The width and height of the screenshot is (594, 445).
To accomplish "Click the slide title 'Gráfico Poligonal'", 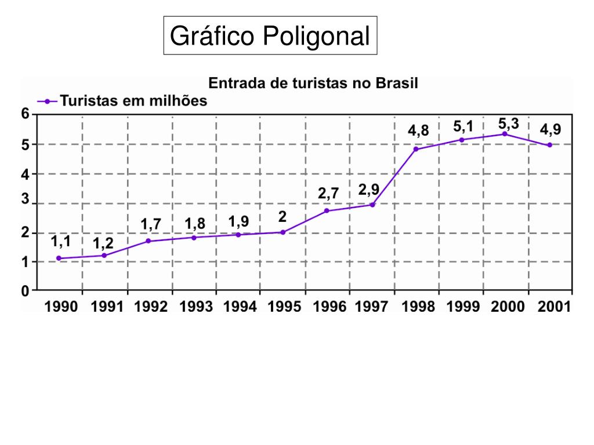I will click(x=270, y=36).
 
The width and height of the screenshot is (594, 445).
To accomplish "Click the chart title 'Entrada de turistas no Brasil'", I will click(x=313, y=82).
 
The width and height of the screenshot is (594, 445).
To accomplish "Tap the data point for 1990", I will click(x=59, y=258).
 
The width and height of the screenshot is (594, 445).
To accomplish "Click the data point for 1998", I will click(x=416, y=149).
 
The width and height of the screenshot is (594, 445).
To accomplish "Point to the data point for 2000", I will click(x=505, y=134).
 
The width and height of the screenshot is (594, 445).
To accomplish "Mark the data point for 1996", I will click(x=327, y=210).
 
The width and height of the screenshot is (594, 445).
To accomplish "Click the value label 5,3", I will click(x=509, y=123).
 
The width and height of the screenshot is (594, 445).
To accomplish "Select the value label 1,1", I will click(x=60, y=242).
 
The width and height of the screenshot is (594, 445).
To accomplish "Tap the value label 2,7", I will click(x=328, y=194).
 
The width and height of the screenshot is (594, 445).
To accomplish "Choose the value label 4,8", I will click(x=418, y=131).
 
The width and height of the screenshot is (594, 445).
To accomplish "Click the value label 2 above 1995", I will click(x=282, y=217).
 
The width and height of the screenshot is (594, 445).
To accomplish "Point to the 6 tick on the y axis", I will click(x=26, y=114).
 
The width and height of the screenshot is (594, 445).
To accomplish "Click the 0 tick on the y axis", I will click(x=26, y=291).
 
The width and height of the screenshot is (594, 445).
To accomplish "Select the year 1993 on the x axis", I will click(x=196, y=307).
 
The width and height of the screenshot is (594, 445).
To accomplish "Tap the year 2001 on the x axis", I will click(x=553, y=307).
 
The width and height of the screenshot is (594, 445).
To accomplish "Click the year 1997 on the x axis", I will click(x=372, y=307).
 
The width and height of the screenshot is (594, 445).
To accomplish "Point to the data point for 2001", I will click(x=549, y=145).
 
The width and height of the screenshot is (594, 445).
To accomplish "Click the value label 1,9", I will click(x=238, y=221).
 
